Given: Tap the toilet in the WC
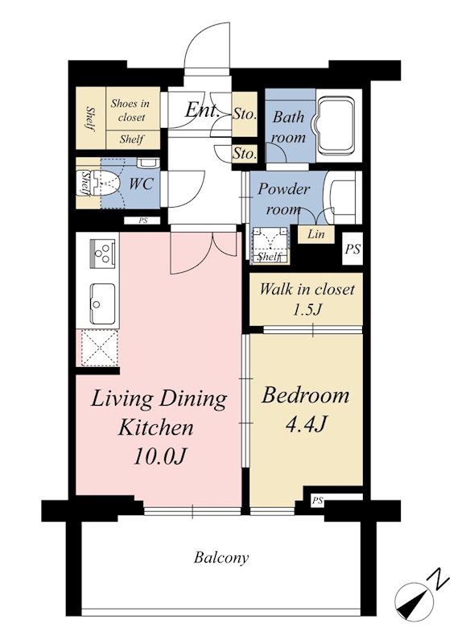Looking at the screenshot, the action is tap(105, 184).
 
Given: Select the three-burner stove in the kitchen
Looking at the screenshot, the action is tap(102, 252).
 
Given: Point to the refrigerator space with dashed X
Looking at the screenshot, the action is tap(99, 348).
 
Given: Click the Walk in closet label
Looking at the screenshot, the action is tap(307, 289).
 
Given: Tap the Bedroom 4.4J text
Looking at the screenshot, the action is tap(306, 409).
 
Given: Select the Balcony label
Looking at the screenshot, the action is tap(221, 558).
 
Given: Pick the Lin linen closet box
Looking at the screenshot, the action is tap(315, 234).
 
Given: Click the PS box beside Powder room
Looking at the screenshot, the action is tap(352, 249).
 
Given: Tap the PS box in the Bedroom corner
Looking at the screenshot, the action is tap(317, 501).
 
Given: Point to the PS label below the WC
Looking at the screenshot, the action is tap(142, 221).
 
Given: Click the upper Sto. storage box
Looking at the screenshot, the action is tap(245, 114).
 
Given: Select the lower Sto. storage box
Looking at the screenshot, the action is tap(245, 154).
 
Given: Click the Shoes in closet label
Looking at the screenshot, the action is tap(131, 110).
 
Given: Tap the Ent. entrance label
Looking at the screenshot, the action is tap(201, 109).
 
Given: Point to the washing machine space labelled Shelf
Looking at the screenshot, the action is tap(270, 246).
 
